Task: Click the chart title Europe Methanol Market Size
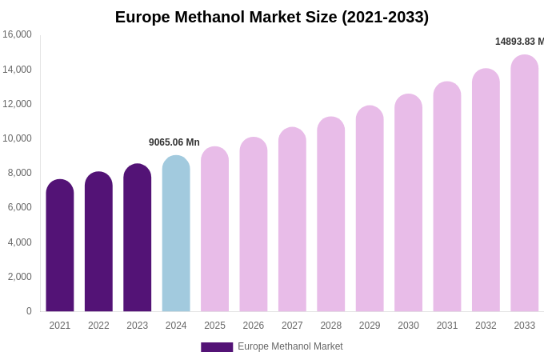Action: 272,17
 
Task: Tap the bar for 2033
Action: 525,183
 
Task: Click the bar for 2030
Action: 408,203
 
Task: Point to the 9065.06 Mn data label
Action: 174,142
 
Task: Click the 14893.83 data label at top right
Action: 519,42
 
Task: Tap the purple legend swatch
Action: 217,347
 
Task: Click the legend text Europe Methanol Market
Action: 290,346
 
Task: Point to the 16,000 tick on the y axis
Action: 17,34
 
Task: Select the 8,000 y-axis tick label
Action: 19,173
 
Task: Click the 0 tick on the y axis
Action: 29,311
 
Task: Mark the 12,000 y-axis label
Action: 17,104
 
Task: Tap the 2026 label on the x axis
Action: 254,326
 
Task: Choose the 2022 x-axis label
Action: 98,326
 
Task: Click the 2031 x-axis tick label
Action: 447,326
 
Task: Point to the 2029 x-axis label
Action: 370,326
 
